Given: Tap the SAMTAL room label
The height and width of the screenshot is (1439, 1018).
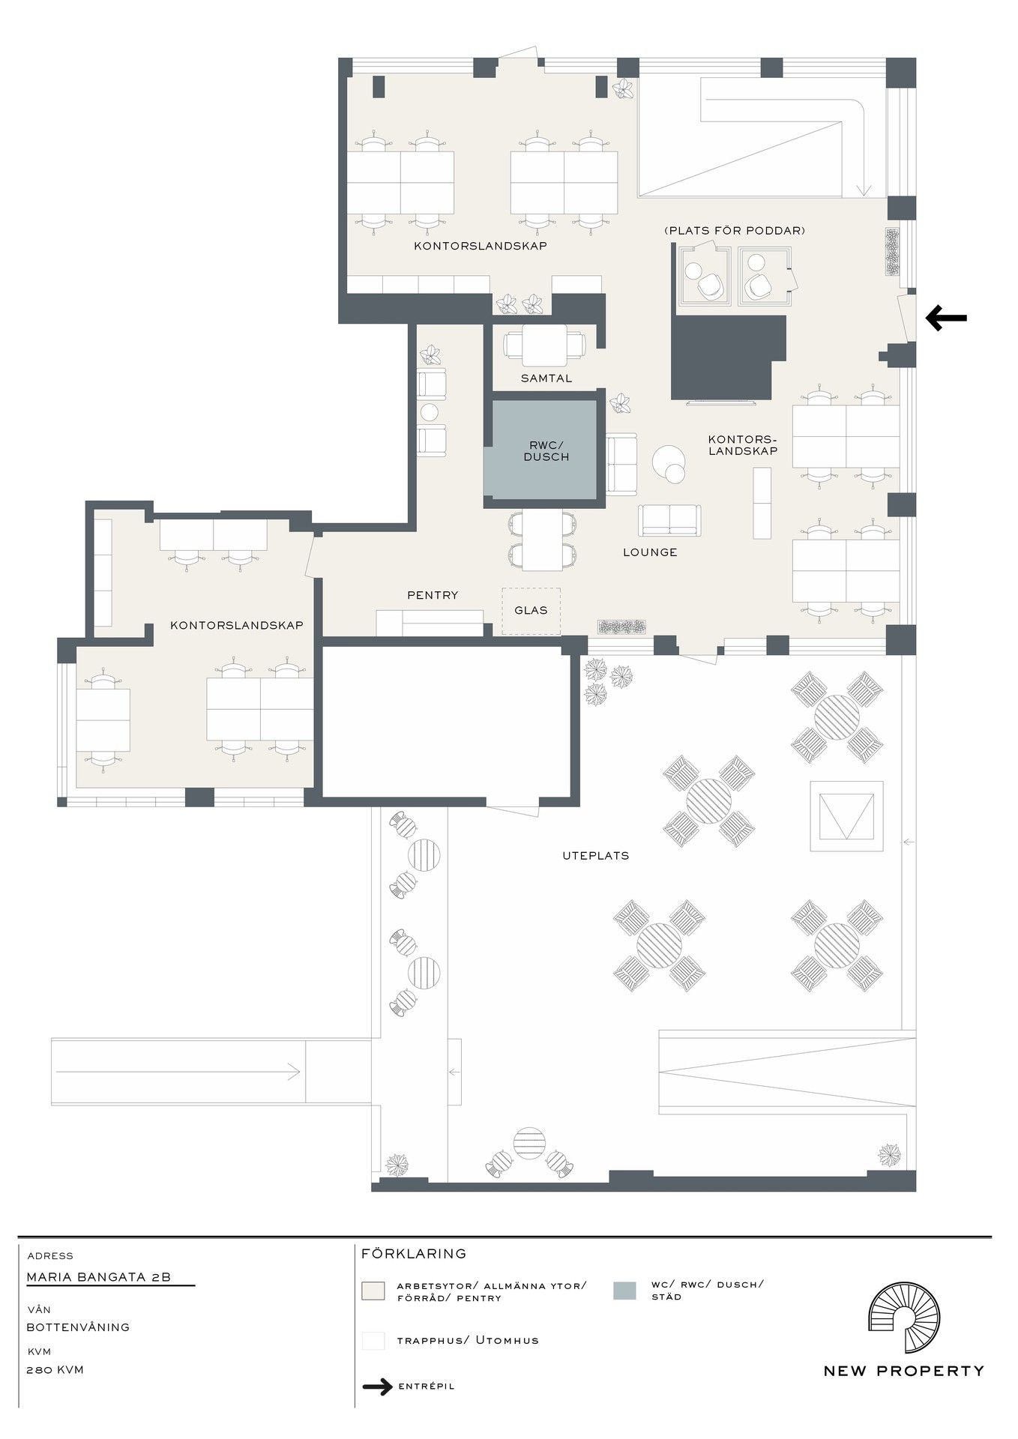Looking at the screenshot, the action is [546, 378].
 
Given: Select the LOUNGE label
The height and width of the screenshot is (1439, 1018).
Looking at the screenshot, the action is [650, 552].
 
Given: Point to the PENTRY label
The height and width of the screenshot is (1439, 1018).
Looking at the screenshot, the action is [433, 595].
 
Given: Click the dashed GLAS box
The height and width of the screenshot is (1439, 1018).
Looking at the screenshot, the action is [531, 611].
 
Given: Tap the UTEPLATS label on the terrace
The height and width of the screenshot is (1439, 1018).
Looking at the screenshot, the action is [596, 855].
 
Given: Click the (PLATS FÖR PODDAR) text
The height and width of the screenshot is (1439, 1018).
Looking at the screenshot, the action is [735, 230].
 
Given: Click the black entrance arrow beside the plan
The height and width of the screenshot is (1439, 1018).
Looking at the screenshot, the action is [946, 318].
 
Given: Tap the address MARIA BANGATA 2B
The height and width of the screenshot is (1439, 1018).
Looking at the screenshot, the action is [99, 1277].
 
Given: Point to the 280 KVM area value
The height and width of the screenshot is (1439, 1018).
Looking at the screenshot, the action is [55, 1370].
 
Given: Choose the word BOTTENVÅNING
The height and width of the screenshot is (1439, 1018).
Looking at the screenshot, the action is [78, 1327].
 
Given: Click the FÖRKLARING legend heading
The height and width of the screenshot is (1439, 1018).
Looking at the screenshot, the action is [414, 1253].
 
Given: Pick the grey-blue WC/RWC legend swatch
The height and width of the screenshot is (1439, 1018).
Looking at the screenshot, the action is [624, 1291].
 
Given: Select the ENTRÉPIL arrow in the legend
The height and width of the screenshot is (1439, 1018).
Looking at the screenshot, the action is [377, 1387].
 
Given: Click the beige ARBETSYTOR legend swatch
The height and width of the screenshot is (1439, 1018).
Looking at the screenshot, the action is [373, 1291].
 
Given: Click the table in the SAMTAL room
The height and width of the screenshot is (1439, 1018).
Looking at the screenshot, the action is [545, 345].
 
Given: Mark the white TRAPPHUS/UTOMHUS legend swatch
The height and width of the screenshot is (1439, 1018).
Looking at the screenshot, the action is [373, 1341].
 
